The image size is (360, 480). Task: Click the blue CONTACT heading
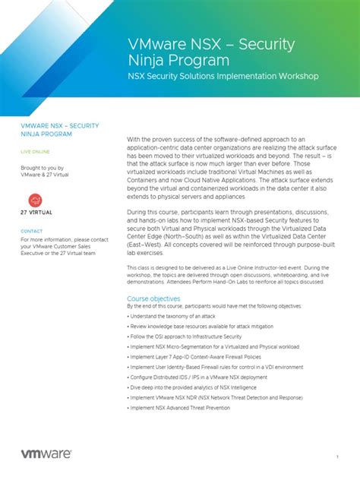31,231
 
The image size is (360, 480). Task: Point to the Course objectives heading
153,298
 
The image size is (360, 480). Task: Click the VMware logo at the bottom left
46,453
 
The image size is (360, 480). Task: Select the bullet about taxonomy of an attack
175,315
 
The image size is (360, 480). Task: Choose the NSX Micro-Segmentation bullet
215,346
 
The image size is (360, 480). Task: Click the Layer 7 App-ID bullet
197,356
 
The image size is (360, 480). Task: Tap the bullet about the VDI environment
216,367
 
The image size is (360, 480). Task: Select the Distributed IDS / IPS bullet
199,377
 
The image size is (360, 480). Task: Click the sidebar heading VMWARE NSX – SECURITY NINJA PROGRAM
59,128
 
